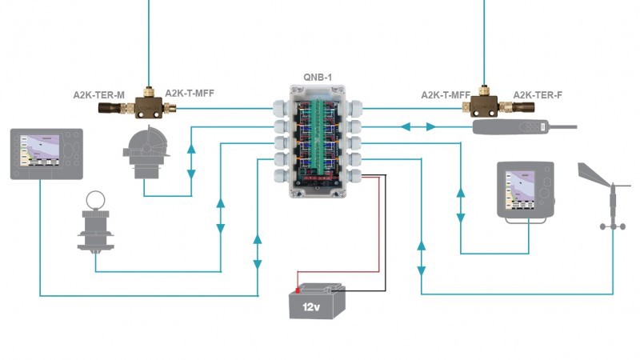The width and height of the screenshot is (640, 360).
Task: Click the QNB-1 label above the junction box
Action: click(318, 78)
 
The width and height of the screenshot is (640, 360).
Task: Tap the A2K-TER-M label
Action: click(98, 94)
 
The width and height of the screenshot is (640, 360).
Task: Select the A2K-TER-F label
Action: click(537, 94)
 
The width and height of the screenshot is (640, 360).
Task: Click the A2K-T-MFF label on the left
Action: click(190, 94)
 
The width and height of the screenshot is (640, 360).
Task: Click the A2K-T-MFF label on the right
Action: click(446, 94)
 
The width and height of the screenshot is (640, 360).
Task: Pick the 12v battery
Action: click(317, 302)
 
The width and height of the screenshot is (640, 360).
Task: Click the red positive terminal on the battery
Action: click(298, 289)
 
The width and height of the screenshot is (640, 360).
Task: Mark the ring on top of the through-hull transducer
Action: click(96, 200)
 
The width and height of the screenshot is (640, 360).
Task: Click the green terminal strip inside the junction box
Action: click(318, 136)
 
